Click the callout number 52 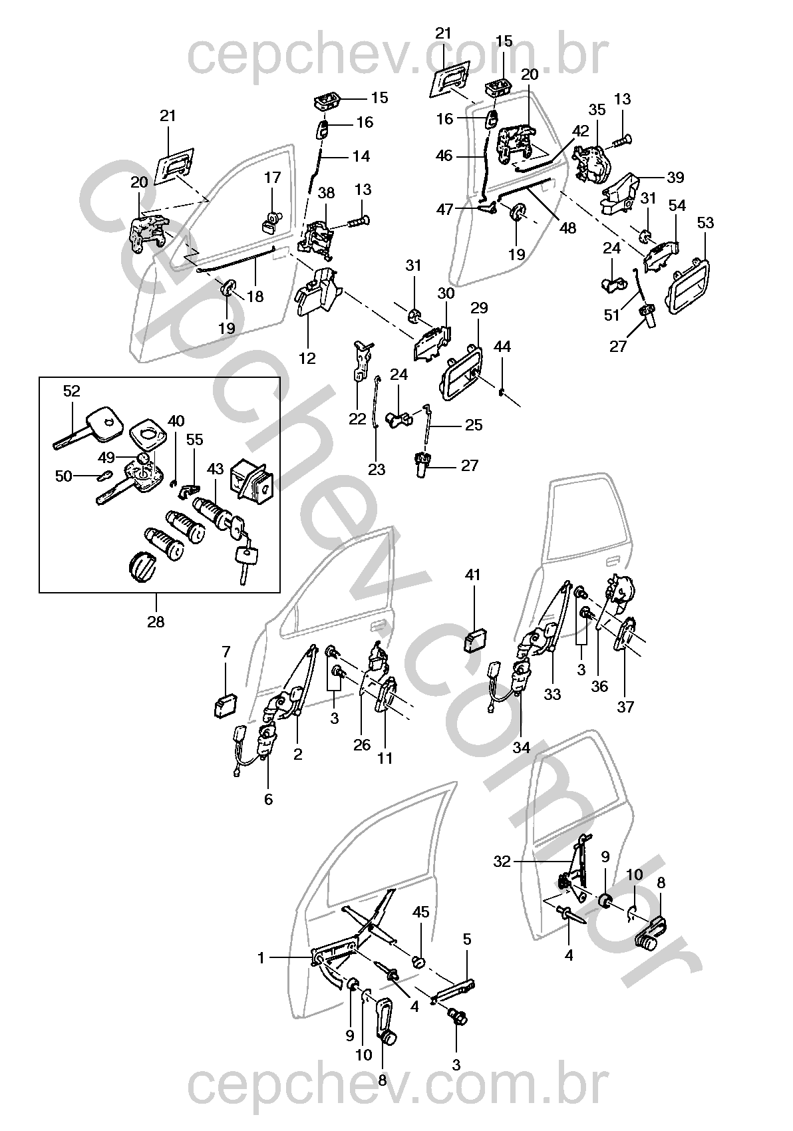point(71,391)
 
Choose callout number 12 point(307,359)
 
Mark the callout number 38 point(326,193)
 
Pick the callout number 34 point(522,747)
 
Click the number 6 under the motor point(268,799)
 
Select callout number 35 point(597,110)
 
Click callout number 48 point(567,228)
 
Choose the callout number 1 point(261,957)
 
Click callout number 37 point(625,707)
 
